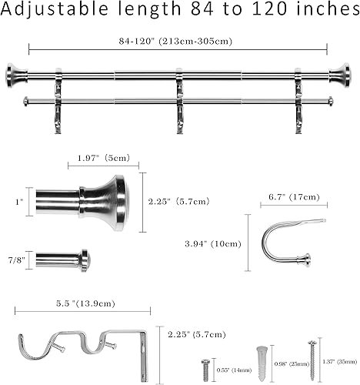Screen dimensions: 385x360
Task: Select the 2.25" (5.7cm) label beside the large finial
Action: [x=179, y=202]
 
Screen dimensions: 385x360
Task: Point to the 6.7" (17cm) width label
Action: [x=288, y=197]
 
